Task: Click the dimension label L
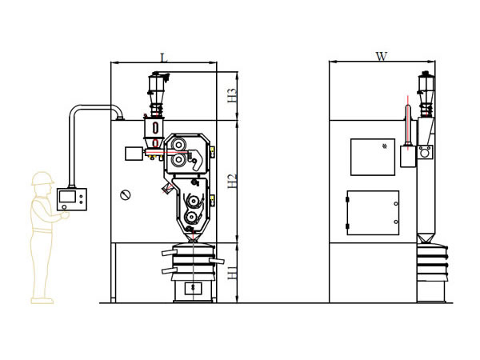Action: click(164, 58)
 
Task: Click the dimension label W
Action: click(382, 56)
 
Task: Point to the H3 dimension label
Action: click(233, 95)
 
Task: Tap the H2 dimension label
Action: click(233, 181)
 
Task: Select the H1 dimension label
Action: click(233, 272)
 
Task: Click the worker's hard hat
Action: click(42, 178)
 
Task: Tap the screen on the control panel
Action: click(67, 197)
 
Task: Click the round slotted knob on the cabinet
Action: click(126, 194)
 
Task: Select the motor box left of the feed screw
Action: click(134, 154)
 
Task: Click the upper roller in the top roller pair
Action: click(178, 145)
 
